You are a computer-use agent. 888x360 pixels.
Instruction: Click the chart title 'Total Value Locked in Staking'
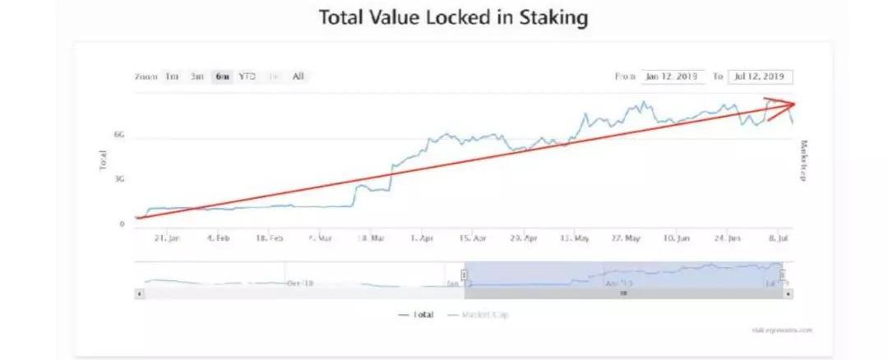(x=453, y=18)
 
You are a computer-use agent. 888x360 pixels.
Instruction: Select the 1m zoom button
(x=172, y=76)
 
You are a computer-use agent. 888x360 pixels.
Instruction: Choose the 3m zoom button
(x=197, y=76)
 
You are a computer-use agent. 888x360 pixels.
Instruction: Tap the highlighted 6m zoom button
(x=222, y=76)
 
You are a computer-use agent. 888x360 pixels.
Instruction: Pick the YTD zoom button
(x=247, y=76)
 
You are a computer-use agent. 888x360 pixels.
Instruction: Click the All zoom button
(x=298, y=76)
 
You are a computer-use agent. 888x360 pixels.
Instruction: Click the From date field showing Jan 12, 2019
(x=672, y=76)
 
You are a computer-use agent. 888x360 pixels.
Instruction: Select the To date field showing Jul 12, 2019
(x=760, y=76)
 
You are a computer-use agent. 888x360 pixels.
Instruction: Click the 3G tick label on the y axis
(x=119, y=178)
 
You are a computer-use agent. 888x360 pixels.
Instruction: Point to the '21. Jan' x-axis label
(x=167, y=238)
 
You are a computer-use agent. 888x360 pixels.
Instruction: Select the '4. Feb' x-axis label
(x=218, y=238)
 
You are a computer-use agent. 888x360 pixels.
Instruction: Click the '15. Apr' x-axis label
(x=473, y=238)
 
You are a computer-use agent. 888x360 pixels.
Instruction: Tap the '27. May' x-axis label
(x=626, y=238)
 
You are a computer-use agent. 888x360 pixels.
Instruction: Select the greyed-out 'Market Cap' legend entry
(x=483, y=314)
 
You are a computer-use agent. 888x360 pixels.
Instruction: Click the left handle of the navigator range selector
(x=464, y=275)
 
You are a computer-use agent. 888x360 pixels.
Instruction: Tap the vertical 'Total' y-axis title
(x=103, y=159)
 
